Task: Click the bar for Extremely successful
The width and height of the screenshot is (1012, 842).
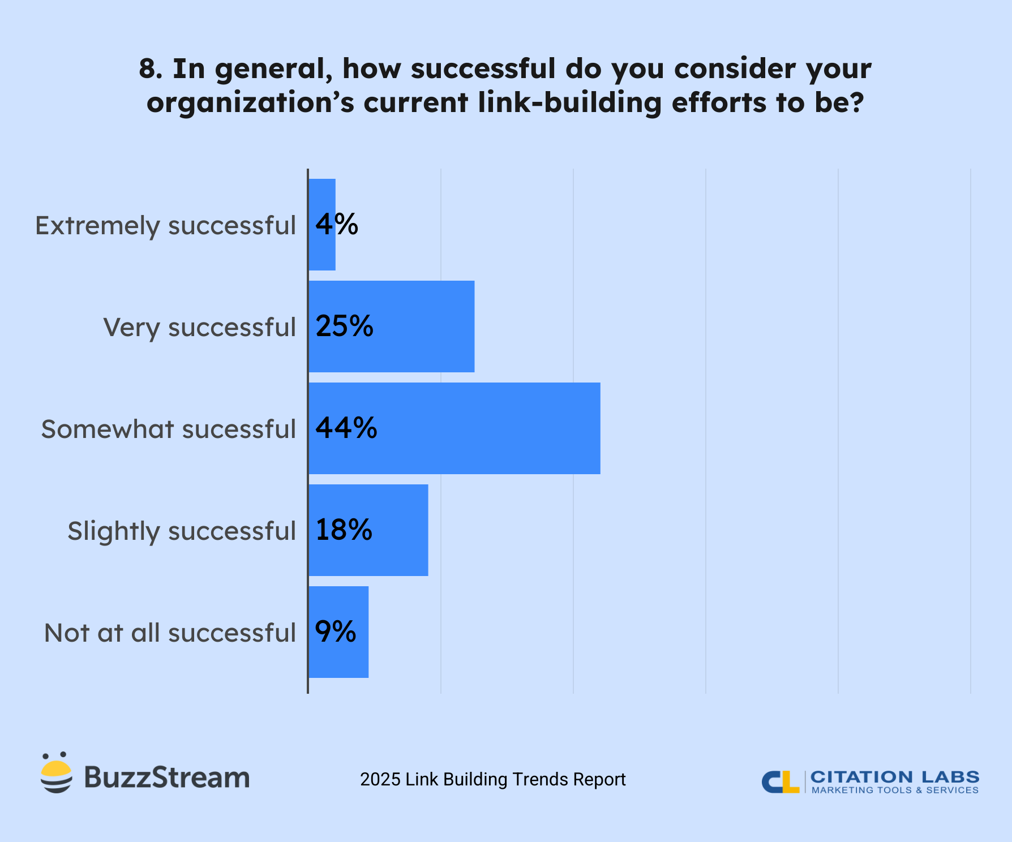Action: point(322,249)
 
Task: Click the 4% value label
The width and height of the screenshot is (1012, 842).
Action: point(337,225)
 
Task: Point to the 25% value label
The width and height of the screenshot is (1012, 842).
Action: point(344,327)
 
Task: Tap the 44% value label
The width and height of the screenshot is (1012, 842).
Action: point(346,428)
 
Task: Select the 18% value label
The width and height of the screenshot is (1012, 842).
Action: point(344,530)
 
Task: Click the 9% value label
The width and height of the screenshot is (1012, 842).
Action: point(336,632)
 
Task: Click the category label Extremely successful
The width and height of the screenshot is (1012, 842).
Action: point(165,226)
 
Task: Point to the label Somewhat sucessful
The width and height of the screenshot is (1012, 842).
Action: point(168,429)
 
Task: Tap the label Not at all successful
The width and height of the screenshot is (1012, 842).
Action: point(170,633)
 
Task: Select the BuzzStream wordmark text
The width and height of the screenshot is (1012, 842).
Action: point(166,777)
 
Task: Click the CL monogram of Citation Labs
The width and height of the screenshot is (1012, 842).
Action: point(780,782)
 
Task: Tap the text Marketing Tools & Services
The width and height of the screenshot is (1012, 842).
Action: point(895,791)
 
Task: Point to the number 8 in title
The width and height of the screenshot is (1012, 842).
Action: point(147,69)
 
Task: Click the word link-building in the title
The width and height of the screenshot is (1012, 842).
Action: point(569,103)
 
